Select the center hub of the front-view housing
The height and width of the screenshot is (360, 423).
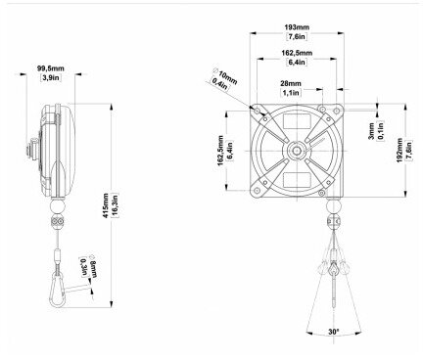click(x=296, y=153)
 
